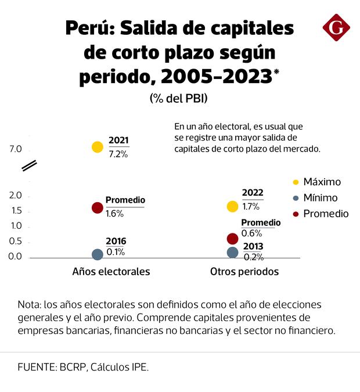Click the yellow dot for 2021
pyautogui.click(x=98, y=147)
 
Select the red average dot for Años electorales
pyautogui.click(x=98, y=207)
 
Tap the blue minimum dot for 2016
pyautogui.click(x=98, y=254)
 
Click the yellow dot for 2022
pyautogui.click(x=233, y=206)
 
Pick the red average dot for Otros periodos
pyautogui.click(x=233, y=239)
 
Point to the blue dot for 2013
pyautogui.click(x=233, y=253)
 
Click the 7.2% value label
pyautogui.click(x=118, y=154)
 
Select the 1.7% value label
pyautogui.click(x=251, y=206)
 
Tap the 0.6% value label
pyautogui.click(x=250, y=233)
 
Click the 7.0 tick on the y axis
pyautogui.click(x=15, y=149)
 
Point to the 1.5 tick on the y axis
pyautogui.click(x=15, y=211)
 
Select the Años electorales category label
pyautogui.click(x=111, y=271)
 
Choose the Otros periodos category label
pyautogui.click(x=244, y=271)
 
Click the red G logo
pyautogui.click(x=336, y=27)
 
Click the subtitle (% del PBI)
pyautogui.click(x=178, y=99)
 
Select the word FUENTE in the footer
pyautogui.click(x=37, y=367)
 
